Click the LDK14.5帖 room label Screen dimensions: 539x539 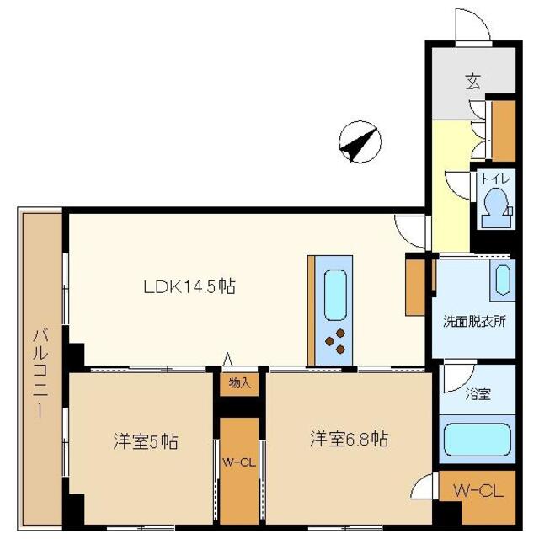(x=189, y=287)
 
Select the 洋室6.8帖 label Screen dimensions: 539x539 (x=348, y=439)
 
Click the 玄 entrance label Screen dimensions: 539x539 (x=473, y=82)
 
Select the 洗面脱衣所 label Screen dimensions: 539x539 (x=475, y=322)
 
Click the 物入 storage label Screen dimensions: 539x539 (x=240, y=383)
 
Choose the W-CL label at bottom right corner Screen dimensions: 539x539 (x=478, y=491)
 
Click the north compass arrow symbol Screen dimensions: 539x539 (x=357, y=141)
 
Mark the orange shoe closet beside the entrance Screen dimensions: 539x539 (x=503, y=130)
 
